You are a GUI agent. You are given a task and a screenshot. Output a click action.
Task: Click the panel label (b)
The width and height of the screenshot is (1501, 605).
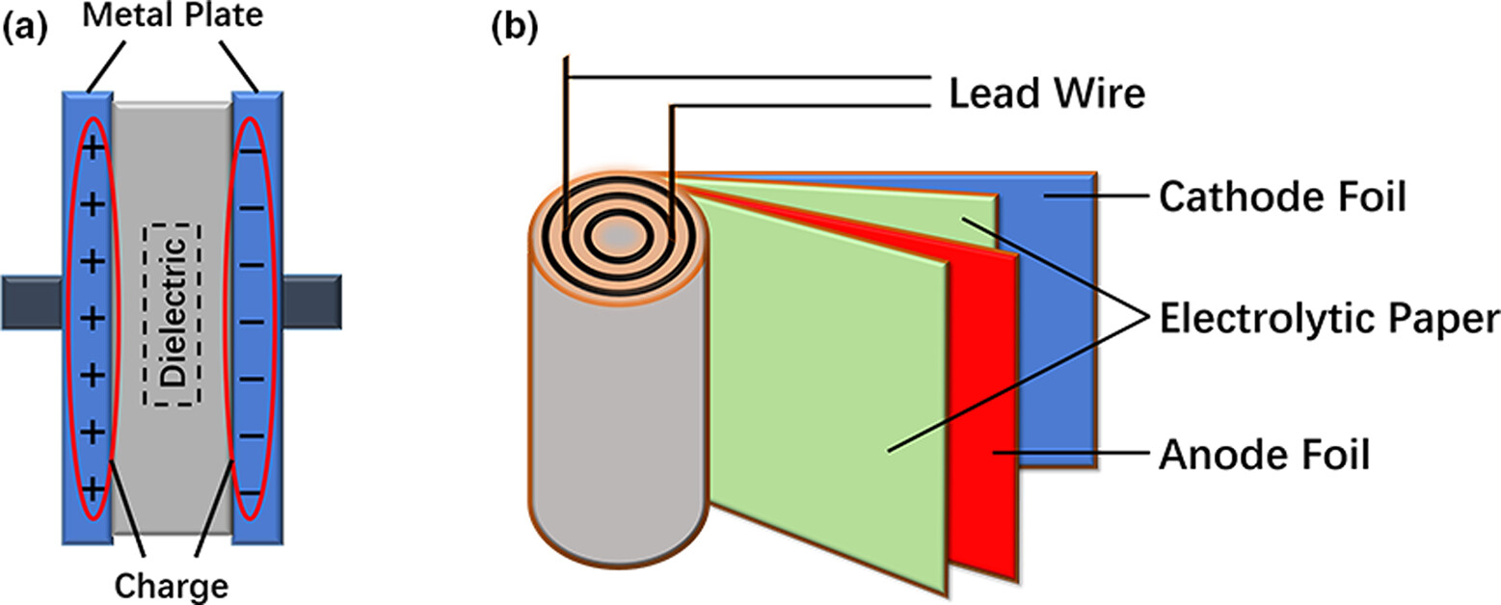pos(512,28)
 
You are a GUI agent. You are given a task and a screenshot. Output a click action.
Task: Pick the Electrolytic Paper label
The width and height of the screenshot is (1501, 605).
pos(1328,320)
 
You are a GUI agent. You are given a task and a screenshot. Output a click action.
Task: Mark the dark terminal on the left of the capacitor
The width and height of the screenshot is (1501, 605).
pos(31,302)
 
